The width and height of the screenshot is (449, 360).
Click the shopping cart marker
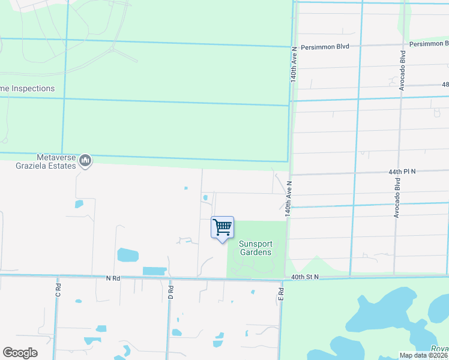[x=222, y=228]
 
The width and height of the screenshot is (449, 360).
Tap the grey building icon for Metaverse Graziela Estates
[x=85, y=160]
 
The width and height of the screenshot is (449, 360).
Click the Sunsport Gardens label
[x=255, y=248]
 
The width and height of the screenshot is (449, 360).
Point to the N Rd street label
[x=113, y=278]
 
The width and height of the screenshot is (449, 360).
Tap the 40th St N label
[x=306, y=277]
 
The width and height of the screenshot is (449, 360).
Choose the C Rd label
[x=59, y=291]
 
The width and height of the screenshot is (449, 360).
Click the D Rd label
[x=171, y=293]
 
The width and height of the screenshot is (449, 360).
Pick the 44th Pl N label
[x=402, y=172]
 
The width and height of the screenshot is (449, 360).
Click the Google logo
[x=20, y=353]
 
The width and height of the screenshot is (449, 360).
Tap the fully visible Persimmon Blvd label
[x=325, y=46]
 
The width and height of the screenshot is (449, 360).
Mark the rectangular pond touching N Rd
[x=155, y=271]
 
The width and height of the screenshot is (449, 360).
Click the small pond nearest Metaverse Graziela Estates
[x=79, y=204]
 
